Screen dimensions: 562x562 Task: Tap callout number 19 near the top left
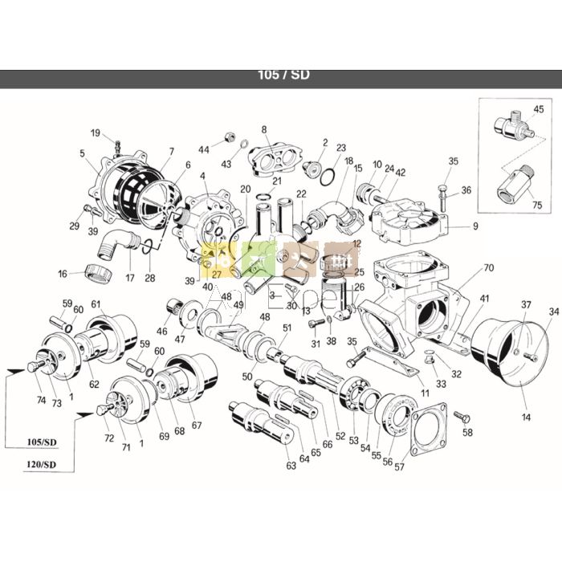pos(96,133)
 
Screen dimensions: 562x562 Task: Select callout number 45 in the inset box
pos(538,109)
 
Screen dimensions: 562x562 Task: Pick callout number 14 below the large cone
pos(526,417)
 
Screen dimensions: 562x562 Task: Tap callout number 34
pos(552,312)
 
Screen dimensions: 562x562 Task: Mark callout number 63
pos(291,465)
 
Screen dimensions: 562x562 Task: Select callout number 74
pos(41,401)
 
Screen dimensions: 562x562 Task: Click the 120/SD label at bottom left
pos(39,465)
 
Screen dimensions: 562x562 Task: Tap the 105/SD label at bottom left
pos(39,442)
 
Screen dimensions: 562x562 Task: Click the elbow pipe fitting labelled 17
pos(120,240)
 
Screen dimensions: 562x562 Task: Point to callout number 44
pos(204,149)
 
